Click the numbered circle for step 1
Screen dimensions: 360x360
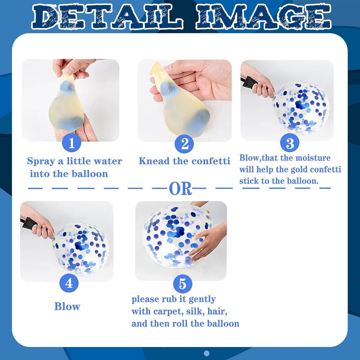click(x=71, y=143)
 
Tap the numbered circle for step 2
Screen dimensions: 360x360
click(x=184, y=144)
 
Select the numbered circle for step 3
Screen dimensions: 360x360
click(x=290, y=143)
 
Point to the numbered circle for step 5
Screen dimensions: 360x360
click(x=183, y=284)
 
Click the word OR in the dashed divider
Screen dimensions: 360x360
click(x=180, y=189)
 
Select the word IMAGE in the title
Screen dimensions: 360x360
click(x=263, y=17)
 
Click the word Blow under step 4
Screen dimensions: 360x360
click(x=67, y=306)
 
